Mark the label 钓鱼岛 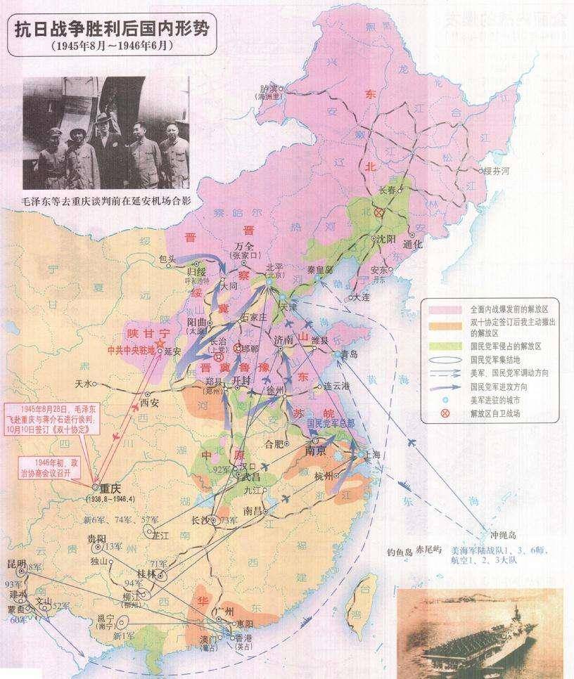click(400, 551)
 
